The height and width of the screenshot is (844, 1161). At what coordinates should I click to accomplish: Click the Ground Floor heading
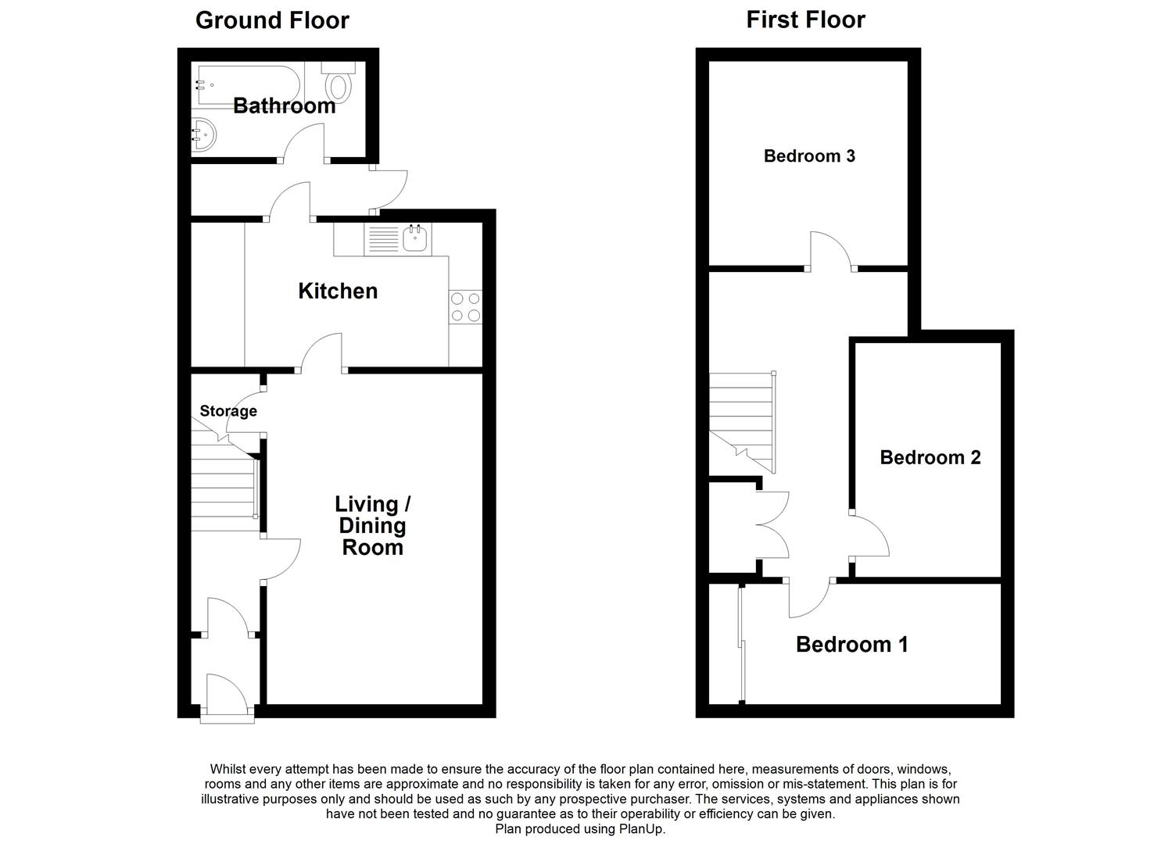coord(272,21)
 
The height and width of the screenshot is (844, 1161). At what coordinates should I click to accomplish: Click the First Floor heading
coord(805,20)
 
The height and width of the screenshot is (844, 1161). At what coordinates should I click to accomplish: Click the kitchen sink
coord(397,240)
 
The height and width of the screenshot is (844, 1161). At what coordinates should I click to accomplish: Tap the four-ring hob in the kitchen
coord(465,306)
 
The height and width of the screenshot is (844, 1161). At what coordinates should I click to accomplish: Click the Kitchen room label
coord(338,291)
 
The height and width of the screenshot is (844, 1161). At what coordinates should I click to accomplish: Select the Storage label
coord(228,411)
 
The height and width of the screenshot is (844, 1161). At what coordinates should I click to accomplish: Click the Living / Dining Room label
coord(373,525)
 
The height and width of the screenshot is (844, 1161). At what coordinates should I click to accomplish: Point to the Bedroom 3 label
coord(809,156)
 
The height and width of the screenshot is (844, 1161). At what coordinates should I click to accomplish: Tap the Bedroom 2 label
coord(930,457)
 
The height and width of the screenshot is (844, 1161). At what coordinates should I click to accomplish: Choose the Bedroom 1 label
coord(852,644)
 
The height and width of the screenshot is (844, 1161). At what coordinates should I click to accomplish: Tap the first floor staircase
coord(742,422)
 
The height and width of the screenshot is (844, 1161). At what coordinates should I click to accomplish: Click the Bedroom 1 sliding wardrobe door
coord(742,644)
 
